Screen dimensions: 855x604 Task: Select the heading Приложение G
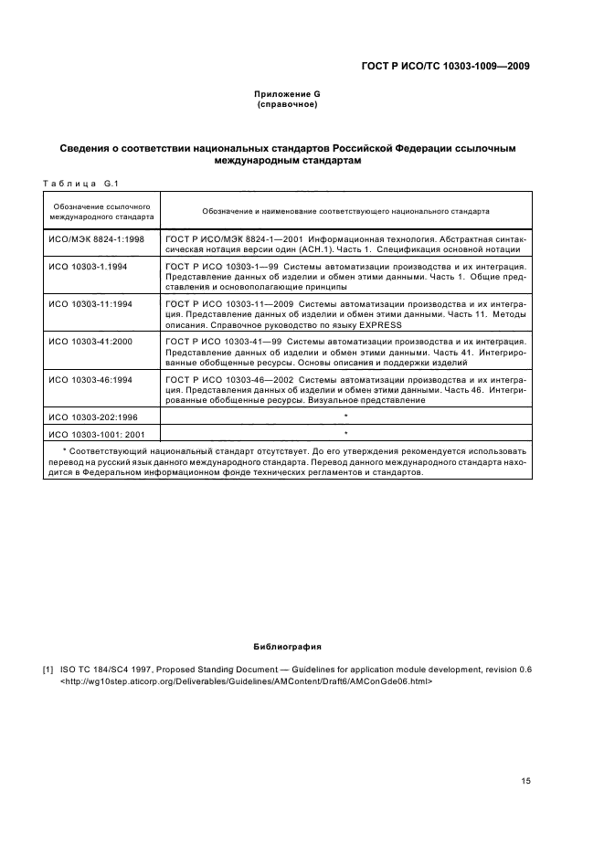288,94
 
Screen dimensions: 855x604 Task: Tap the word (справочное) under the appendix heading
288,104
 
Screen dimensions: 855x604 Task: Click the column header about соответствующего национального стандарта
345,211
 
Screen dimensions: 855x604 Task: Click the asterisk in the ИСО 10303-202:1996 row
345,417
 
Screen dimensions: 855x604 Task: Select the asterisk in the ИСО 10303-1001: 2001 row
345,434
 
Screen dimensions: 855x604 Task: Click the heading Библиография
288,646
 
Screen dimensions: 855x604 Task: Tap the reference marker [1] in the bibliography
48,670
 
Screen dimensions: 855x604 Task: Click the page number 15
525,780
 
